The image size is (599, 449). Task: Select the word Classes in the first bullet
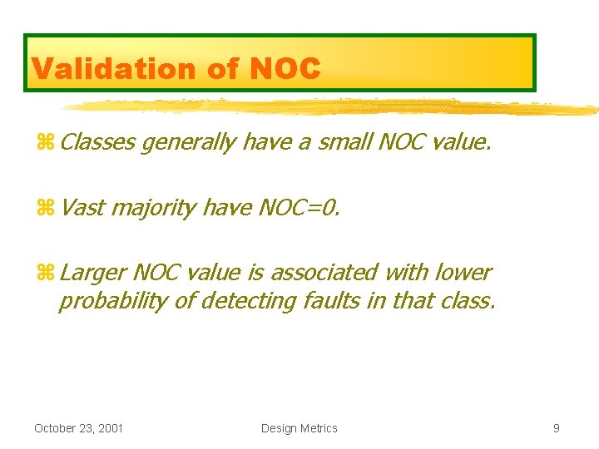[x=97, y=142]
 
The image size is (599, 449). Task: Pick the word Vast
[x=82, y=207]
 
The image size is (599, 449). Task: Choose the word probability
[x=112, y=301]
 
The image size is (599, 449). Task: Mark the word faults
[x=327, y=300]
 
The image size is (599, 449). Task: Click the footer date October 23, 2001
[x=78, y=428]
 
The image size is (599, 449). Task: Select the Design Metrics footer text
[x=299, y=428]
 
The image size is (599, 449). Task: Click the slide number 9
[x=557, y=428]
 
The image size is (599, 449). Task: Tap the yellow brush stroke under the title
[x=333, y=106]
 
